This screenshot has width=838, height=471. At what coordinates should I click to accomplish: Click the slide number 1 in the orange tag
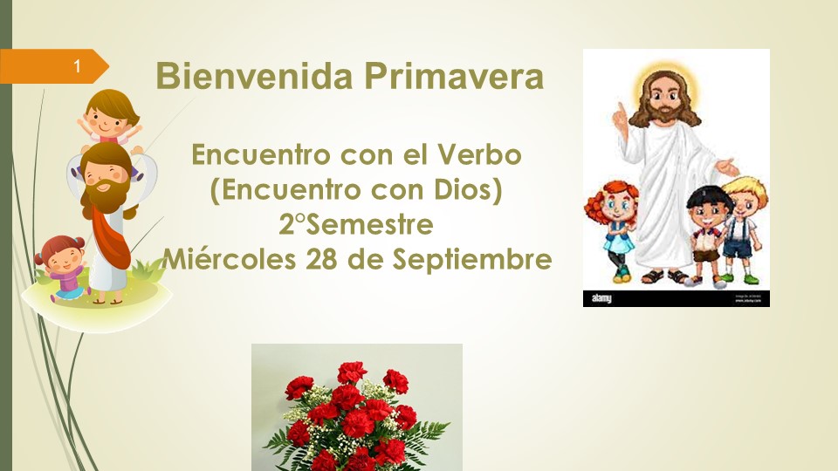point(77,65)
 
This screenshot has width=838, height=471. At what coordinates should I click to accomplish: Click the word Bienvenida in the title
point(254,76)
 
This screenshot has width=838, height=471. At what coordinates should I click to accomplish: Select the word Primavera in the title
point(454,76)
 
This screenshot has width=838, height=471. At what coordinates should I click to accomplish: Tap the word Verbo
point(479,154)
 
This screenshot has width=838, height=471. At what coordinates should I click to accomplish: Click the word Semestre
point(369,224)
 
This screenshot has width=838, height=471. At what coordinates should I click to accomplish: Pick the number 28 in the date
point(321,259)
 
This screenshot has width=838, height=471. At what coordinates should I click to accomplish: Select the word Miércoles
point(230,259)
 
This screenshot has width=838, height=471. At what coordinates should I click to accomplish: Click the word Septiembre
point(472,260)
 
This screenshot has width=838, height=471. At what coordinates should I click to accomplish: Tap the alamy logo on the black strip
point(601,298)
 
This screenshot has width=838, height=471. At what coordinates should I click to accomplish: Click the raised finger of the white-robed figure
point(621,111)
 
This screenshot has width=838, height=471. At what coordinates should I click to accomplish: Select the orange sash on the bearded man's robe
point(111,235)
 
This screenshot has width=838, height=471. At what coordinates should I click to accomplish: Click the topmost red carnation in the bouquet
point(352,372)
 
